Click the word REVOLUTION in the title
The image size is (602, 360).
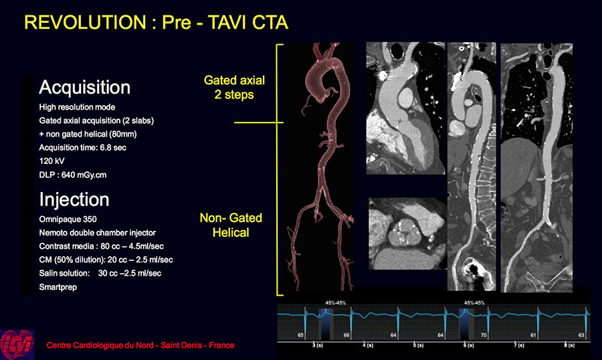pos(85,22)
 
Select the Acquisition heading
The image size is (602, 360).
pos(84,88)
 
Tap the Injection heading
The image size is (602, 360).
pos(74,200)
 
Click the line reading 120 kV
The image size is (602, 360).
pos(52,161)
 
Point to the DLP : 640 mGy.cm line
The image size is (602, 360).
pos(72,175)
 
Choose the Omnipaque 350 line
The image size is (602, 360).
pos(68,219)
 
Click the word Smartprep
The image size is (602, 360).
pos(58,287)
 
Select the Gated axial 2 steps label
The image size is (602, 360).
pos(234,87)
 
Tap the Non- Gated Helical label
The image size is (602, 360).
pos(231,225)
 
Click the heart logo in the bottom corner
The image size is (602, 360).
pos(17,344)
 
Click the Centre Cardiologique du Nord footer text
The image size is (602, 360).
pos(140,345)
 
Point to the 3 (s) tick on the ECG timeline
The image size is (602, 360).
pos(318,345)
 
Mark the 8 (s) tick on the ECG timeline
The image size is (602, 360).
pos(569,345)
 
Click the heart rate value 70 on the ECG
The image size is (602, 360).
pos(484,335)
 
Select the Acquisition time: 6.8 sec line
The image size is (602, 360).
pos(82,147)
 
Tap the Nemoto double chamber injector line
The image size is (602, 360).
pos(98,233)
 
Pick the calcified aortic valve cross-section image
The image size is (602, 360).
pos(408,234)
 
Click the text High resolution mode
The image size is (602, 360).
pos(77,107)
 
